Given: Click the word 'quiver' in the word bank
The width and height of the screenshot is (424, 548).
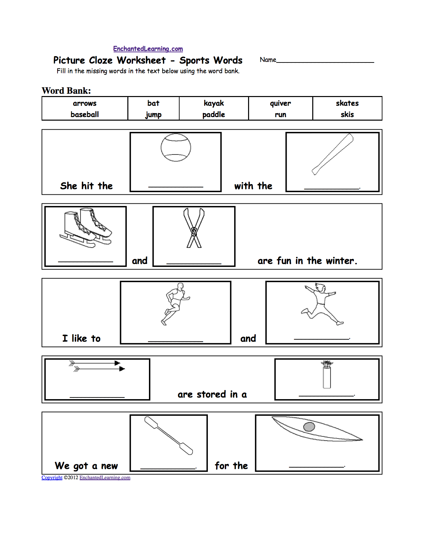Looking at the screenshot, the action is (x=280, y=104).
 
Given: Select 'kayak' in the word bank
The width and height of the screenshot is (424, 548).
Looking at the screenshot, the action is (x=213, y=103).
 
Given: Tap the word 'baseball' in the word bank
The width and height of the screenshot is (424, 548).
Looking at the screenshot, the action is (x=84, y=115).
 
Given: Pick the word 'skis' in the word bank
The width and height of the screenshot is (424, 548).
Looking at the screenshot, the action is (x=347, y=115).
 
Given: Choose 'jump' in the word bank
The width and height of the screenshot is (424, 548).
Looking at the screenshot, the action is (x=153, y=115).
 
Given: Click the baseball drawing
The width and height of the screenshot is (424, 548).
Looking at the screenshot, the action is (x=176, y=148).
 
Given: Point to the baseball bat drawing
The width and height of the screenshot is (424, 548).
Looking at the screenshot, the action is (x=332, y=154).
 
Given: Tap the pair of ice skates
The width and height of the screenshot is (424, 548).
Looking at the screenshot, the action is (x=85, y=228).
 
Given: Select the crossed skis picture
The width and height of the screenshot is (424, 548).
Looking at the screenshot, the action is (x=194, y=228).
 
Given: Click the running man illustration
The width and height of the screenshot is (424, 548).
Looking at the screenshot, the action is (x=175, y=304).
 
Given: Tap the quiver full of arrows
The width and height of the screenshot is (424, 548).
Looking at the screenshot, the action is (x=327, y=374).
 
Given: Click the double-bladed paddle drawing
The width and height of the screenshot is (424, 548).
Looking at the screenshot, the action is (x=169, y=436).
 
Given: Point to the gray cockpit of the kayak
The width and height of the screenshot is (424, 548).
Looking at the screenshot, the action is (x=309, y=427).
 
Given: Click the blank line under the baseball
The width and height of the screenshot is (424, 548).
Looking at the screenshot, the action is (x=176, y=187).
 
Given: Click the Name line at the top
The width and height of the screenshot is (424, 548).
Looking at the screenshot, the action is (x=325, y=62).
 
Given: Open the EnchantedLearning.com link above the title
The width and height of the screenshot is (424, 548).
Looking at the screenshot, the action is (x=148, y=49).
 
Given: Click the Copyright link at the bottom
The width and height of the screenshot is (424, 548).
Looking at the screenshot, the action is (x=52, y=478).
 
